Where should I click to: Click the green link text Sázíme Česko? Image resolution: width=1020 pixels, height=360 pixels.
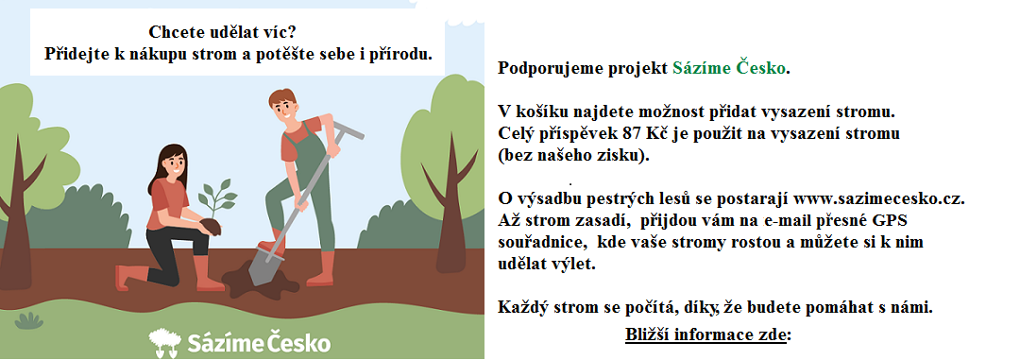728,69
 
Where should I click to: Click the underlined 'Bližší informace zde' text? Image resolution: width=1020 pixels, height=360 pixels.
705,335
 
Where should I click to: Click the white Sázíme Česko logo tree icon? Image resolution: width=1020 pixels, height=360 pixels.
163,341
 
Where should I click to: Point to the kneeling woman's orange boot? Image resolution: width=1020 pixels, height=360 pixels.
127,277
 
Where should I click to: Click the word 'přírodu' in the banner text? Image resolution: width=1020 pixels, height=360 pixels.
405,54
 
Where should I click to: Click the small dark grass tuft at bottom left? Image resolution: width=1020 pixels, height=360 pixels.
29,321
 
